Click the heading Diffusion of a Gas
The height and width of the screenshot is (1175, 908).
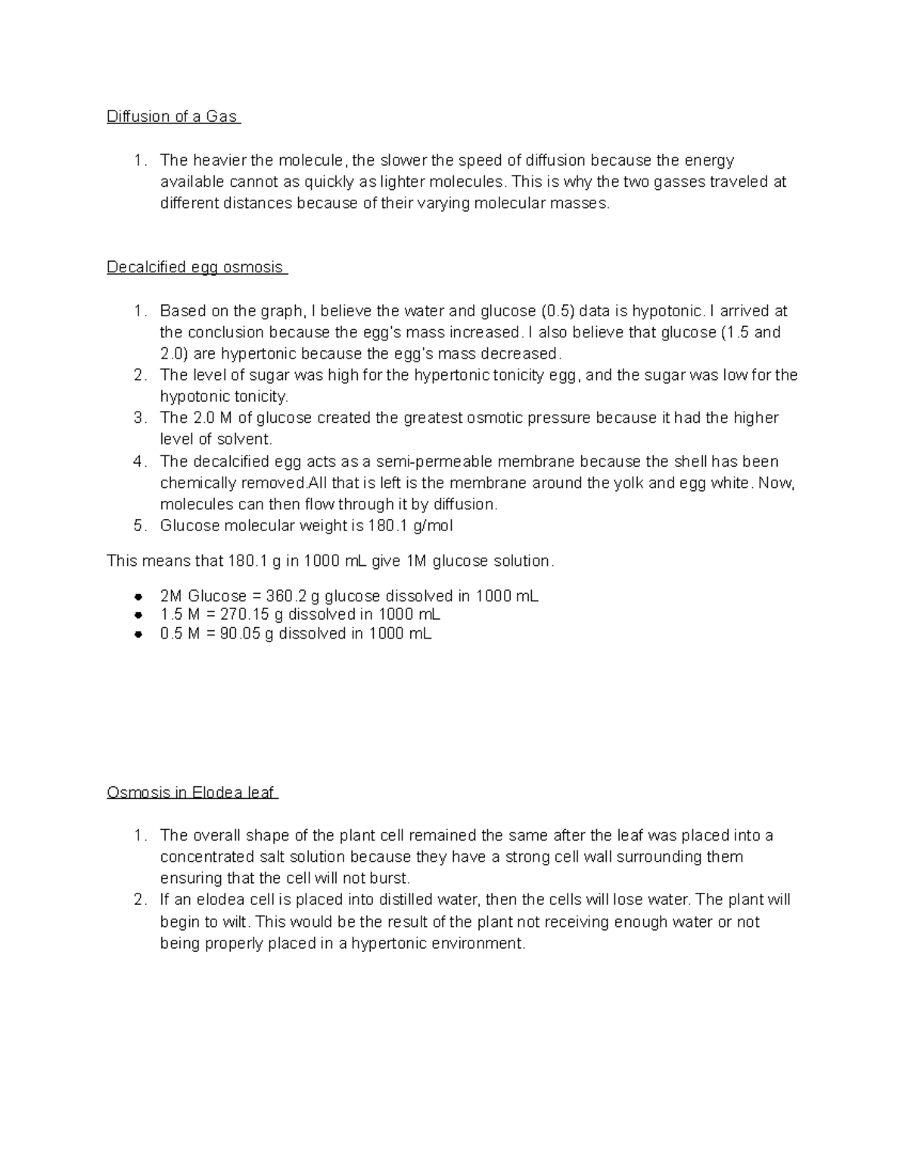(x=173, y=117)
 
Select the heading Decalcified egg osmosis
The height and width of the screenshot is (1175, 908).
(x=195, y=267)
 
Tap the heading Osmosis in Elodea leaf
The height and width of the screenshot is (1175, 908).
(x=191, y=793)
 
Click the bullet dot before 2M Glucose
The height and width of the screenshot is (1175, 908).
(x=138, y=596)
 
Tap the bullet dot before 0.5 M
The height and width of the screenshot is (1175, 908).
(x=138, y=635)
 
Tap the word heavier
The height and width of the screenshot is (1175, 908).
(x=219, y=160)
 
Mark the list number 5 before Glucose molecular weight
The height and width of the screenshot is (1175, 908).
(x=139, y=526)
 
